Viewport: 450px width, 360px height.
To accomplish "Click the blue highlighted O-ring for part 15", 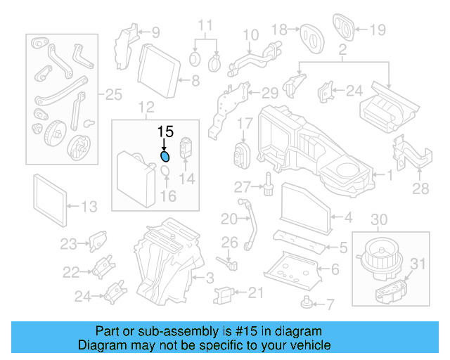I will (165, 156).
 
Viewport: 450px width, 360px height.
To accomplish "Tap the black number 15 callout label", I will (165, 131).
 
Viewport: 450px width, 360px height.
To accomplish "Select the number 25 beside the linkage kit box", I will (113, 94).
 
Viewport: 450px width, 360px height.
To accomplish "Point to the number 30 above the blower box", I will (378, 220).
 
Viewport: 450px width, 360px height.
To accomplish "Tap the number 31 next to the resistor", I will (418, 264).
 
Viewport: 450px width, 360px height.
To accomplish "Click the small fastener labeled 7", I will (307, 302).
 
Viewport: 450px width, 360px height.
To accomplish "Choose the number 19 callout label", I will (378, 30).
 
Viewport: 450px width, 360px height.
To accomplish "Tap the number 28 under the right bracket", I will (420, 188).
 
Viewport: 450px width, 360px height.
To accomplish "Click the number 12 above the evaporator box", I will (146, 108).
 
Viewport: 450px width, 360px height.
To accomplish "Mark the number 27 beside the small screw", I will (243, 186).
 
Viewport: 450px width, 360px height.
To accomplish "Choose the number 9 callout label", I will (155, 31).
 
